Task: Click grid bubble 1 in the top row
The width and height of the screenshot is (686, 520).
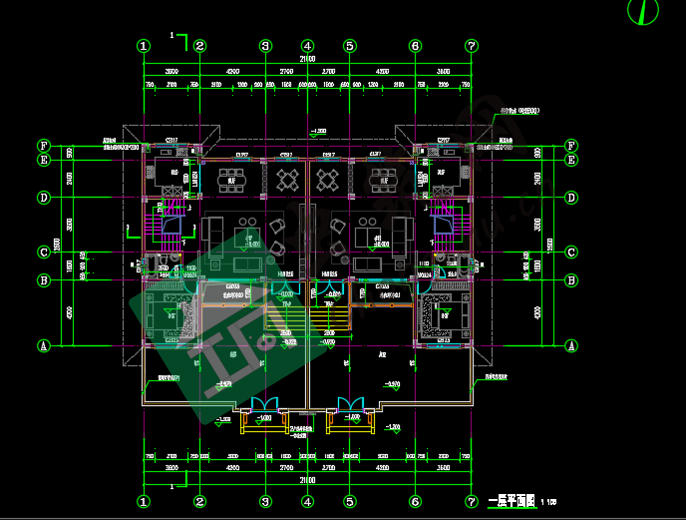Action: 144,46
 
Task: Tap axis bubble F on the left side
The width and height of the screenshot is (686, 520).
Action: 44,146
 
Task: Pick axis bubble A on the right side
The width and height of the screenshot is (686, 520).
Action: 571,345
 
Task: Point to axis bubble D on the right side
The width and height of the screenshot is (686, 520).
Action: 571,198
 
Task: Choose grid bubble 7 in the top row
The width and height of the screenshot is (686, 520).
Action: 472,46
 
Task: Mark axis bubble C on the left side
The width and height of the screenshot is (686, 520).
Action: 44,253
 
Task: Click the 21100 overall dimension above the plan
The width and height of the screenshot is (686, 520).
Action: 307,60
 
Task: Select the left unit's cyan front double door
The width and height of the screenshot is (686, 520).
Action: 265,404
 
